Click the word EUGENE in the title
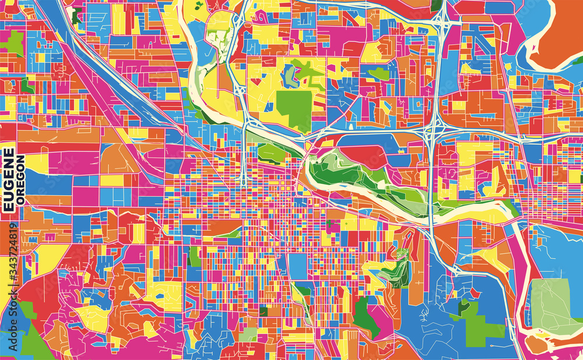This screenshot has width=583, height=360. pos(10,180)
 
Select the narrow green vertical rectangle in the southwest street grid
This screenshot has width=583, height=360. pos(196,256)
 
